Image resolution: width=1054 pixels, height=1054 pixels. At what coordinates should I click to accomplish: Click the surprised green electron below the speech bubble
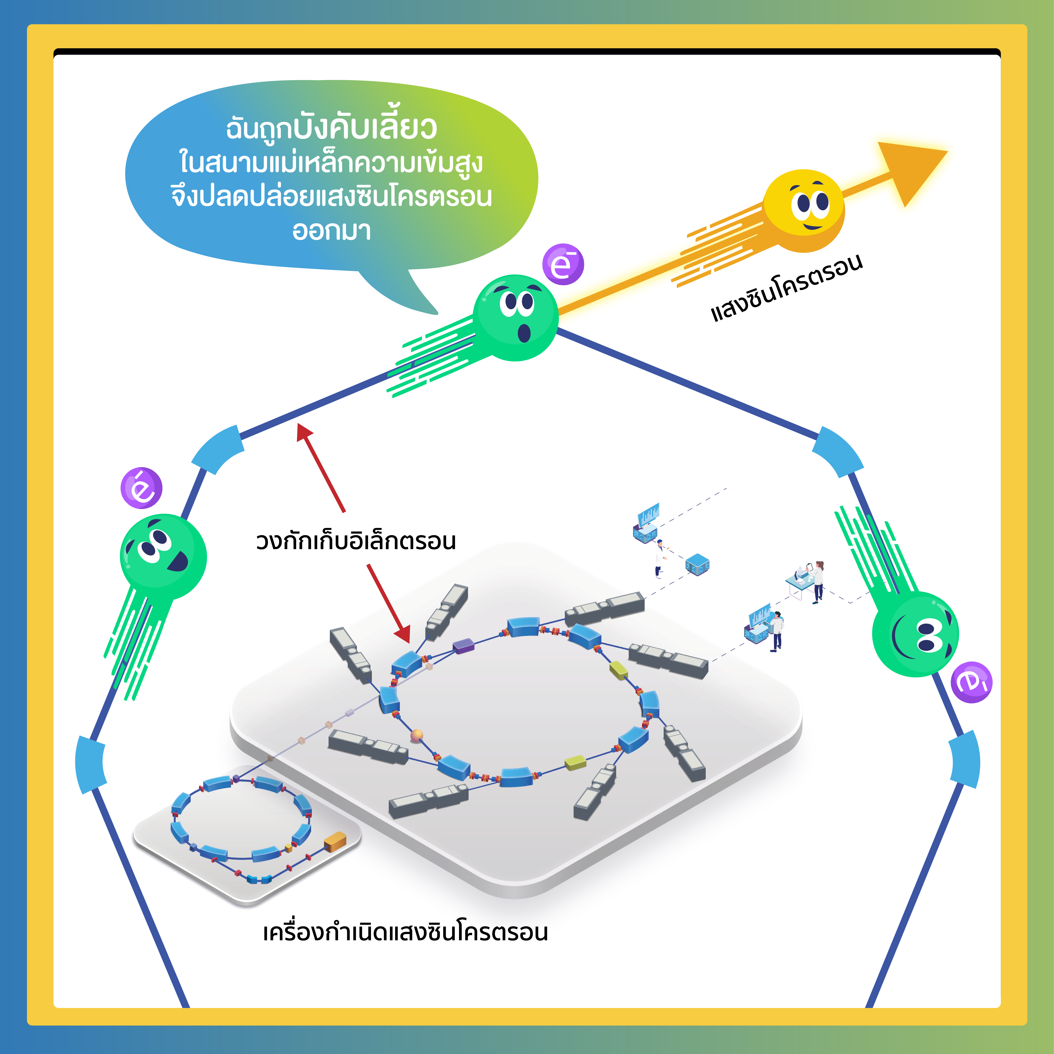tap(516, 318)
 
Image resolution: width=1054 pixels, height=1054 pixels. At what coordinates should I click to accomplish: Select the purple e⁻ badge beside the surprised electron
tap(563, 264)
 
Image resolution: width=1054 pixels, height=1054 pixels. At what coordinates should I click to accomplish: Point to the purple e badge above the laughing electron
tap(141, 488)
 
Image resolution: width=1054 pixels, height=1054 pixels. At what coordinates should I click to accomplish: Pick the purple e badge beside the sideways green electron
tap(971, 682)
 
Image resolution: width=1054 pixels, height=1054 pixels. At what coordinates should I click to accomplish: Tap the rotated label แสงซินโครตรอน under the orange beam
tap(786, 287)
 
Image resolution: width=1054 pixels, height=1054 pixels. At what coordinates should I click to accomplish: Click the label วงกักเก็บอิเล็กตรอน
tap(356, 541)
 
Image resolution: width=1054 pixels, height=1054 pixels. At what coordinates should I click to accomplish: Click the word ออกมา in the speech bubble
tap(332, 231)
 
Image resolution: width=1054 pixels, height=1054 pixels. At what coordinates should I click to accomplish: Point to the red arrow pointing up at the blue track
tap(321, 468)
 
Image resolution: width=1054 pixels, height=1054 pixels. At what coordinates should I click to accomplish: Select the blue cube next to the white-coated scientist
tap(697, 563)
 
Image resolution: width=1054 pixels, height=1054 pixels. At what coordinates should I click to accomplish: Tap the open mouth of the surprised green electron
tap(524, 333)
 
